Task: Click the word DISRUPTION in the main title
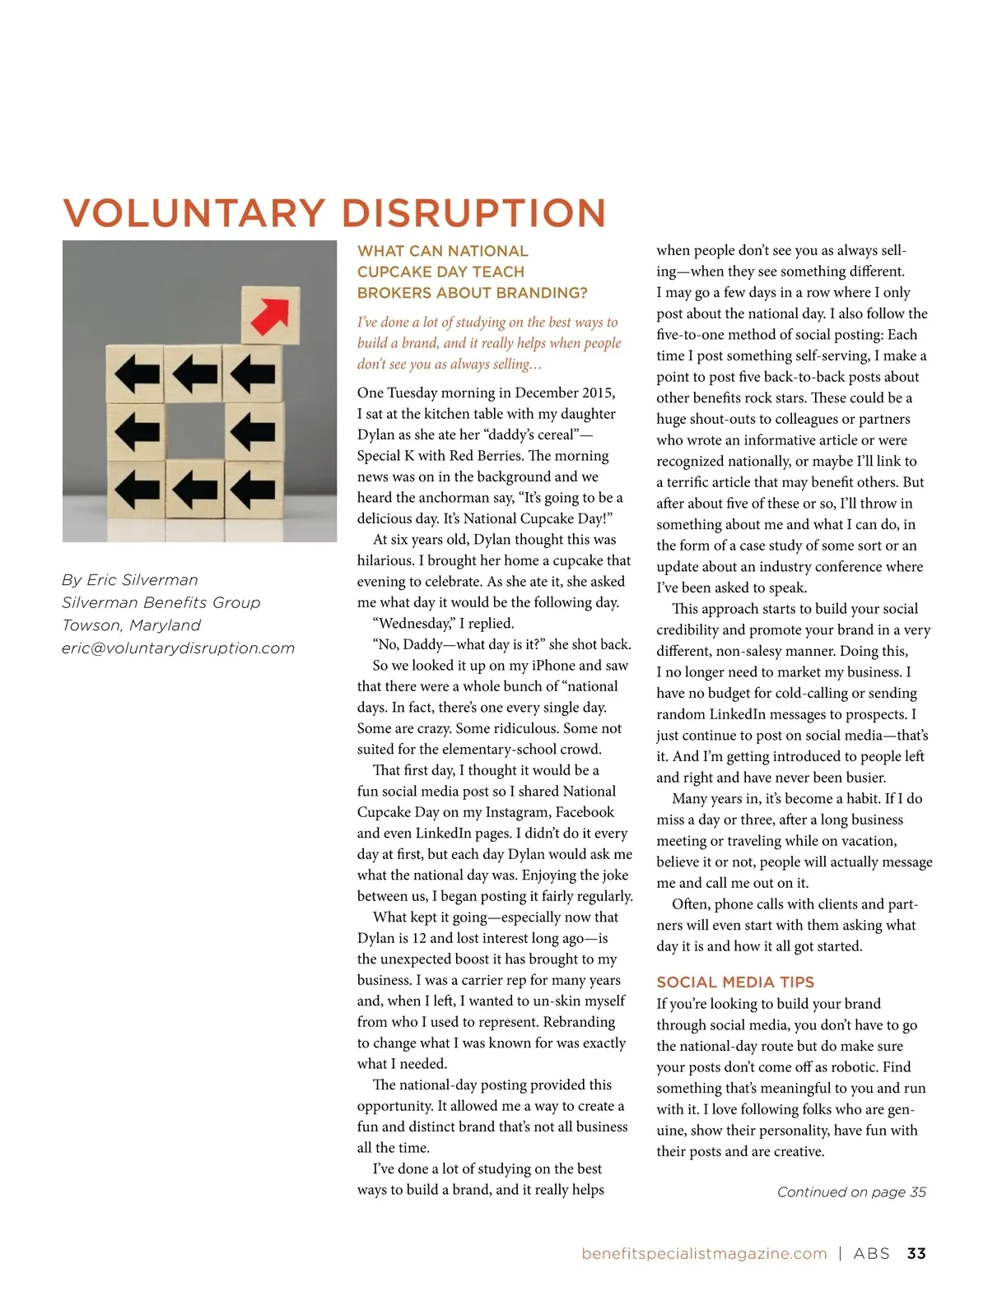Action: tap(473, 213)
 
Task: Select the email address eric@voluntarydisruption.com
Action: tap(178, 648)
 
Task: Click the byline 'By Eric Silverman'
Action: tap(130, 580)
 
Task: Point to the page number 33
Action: tap(916, 1253)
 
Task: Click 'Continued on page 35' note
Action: tap(851, 1192)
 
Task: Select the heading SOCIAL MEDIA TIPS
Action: tap(735, 982)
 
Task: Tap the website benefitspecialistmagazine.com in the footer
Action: tap(704, 1253)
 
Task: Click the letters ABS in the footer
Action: tap(872, 1253)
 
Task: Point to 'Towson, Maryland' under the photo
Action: tap(132, 625)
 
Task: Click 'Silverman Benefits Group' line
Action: tap(161, 602)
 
